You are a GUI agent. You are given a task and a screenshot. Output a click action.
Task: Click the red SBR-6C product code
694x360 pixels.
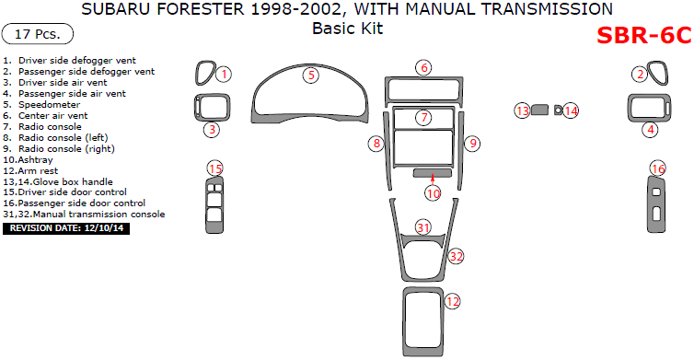[x=644, y=35]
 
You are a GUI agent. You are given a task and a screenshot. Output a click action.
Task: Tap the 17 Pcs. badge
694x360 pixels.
[x=38, y=34]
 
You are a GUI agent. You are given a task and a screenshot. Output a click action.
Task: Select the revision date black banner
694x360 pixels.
[x=66, y=228]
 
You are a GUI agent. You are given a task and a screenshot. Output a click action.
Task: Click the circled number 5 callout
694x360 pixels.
[x=311, y=75]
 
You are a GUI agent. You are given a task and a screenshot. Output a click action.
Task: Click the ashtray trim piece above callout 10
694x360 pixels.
[x=433, y=173]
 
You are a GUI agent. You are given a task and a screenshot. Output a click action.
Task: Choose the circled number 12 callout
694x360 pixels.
[x=452, y=302]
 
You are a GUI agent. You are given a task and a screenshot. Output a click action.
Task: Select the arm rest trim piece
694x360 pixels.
[x=404, y=322]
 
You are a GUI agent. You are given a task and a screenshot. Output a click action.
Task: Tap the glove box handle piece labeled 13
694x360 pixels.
[x=539, y=110]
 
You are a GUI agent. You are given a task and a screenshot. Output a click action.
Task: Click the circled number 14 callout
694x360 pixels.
[x=571, y=110]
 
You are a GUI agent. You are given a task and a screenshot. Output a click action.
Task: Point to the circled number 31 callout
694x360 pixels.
[x=423, y=227]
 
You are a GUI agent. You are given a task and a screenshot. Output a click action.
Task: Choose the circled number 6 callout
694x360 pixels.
[x=423, y=68]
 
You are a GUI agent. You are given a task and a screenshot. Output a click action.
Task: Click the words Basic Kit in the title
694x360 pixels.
[x=347, y=29]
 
